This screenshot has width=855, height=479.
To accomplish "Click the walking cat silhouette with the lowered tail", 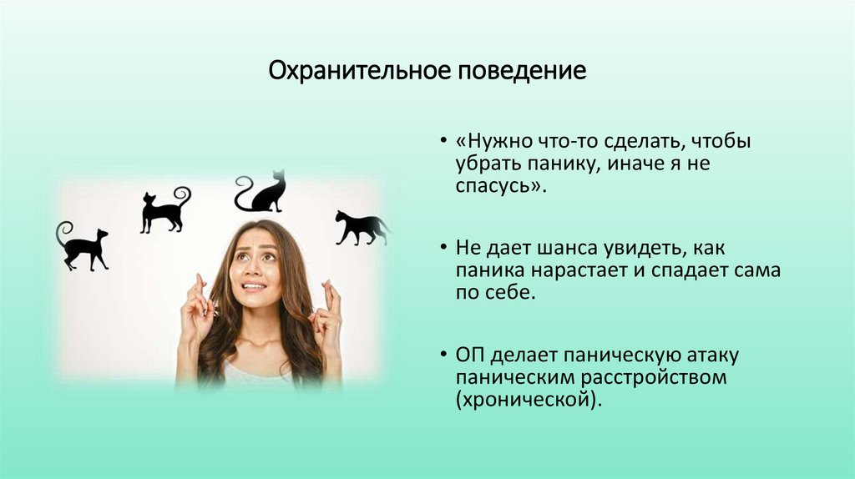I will (361, 228).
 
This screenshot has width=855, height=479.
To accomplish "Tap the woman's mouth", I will (255, 287).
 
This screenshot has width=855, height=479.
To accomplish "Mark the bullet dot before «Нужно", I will (443, 143).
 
